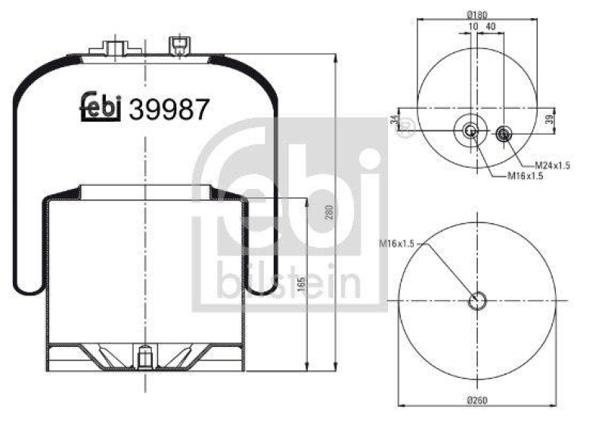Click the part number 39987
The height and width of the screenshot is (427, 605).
169,110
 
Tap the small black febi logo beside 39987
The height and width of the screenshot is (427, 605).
101,108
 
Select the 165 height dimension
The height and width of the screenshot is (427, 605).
300,288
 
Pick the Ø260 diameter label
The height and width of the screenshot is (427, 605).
476,400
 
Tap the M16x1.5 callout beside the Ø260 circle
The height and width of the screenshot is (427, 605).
397,243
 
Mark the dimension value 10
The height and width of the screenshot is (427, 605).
473,26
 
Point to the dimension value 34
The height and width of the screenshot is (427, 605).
395,121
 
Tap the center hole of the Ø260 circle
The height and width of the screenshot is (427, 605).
476,301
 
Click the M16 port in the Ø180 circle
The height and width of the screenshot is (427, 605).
470,132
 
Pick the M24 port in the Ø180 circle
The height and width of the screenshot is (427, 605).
504,135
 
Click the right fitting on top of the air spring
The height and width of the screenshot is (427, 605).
179,45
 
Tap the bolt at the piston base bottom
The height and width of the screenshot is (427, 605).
143,355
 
